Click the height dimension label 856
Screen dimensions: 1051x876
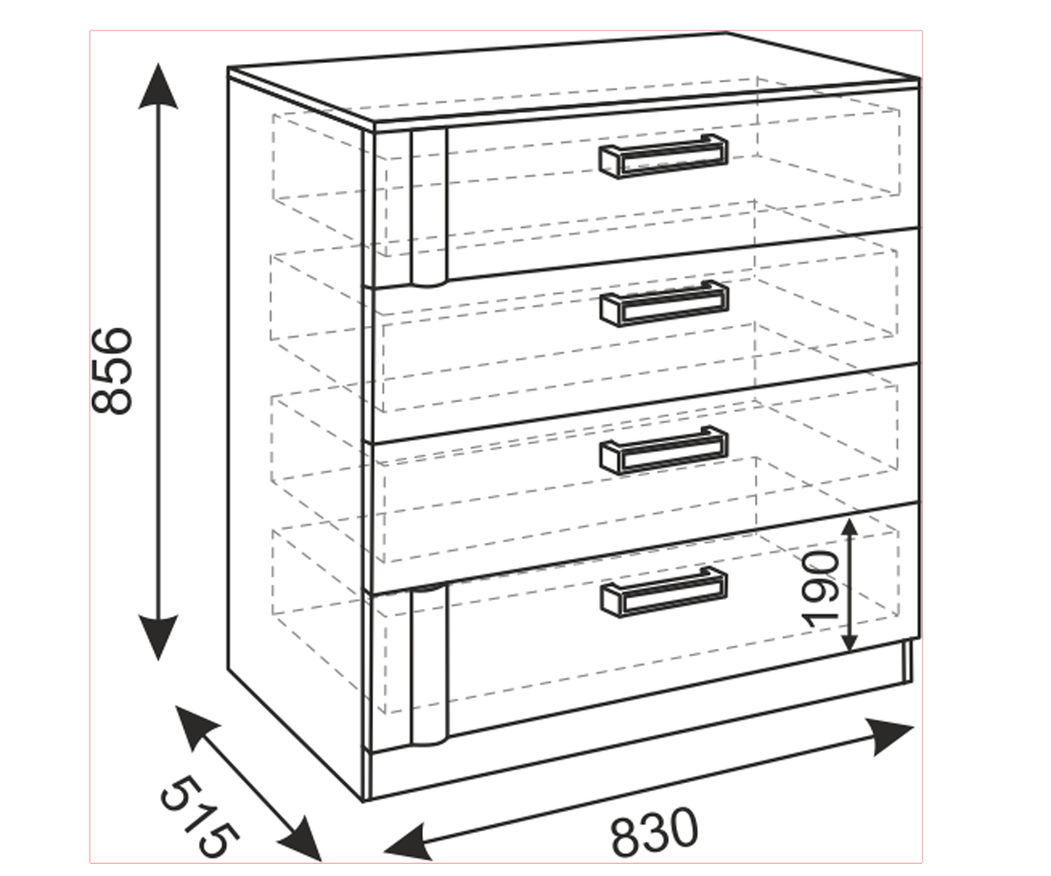(x=112, y=371)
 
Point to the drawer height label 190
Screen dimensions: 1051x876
(x=820, y=590)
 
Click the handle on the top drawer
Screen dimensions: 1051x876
(x=663, y=156)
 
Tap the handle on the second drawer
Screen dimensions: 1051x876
(x=665, y=303)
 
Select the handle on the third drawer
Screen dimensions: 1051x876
(x=664, y=450)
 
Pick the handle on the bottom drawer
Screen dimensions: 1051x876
(x=664, y=592)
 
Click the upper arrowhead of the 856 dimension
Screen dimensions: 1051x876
(x=158, y=86)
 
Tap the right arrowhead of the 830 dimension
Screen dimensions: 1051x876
(x=890, y=736)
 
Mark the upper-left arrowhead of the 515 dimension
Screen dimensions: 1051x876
(x=195, y=726)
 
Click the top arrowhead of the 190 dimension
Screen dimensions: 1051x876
(x=850, y=526)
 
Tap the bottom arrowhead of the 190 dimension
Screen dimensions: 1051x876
(x=850, y=641)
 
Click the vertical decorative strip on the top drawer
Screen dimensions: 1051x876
(x=428, y=208)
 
